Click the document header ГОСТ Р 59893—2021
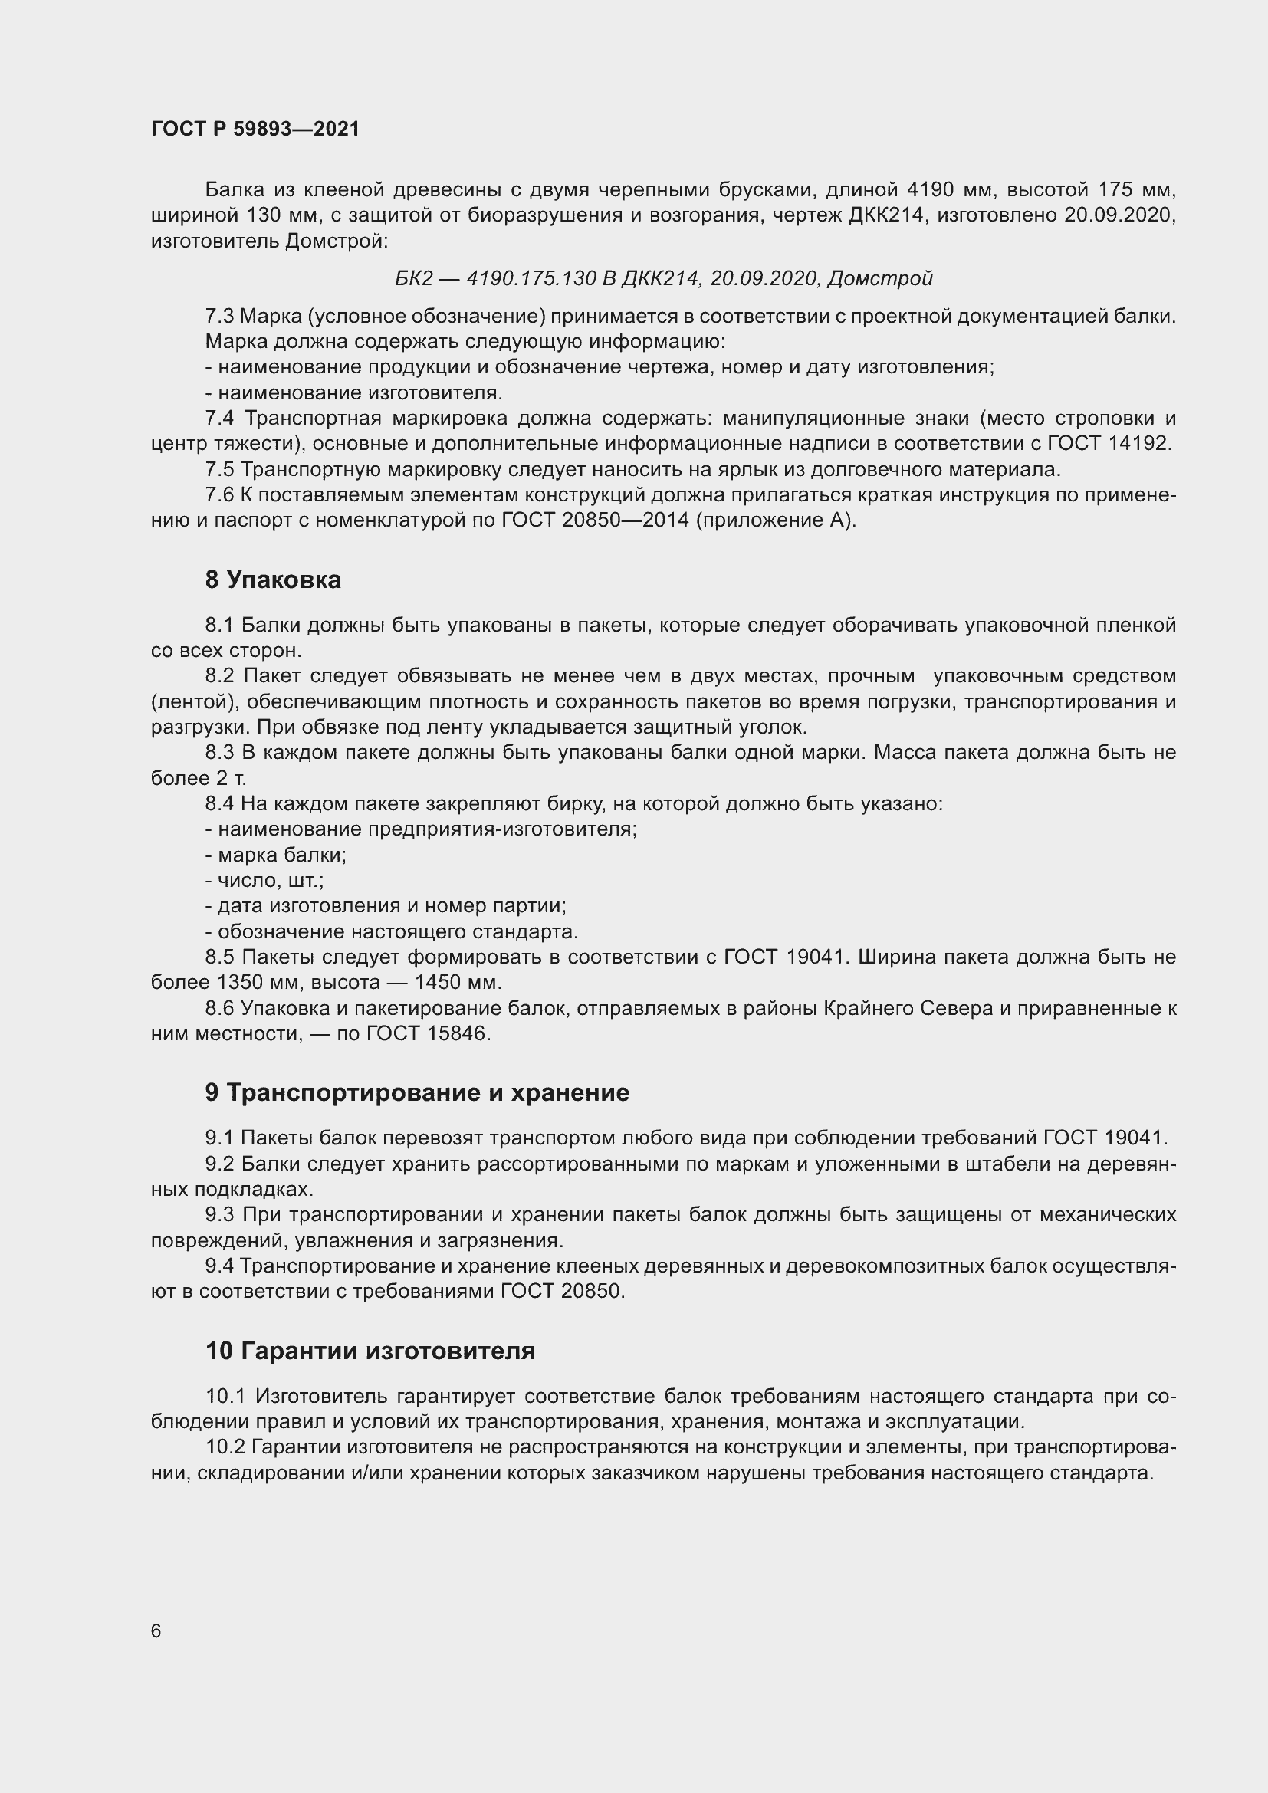click(255, 130)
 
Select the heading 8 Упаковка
click(272, 580)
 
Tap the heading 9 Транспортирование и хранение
click(417, 1092)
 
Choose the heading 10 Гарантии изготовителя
click(370, 1350)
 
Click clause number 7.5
click(219, 469)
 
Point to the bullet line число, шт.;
click(264, 881)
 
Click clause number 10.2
click(225, 1447)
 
